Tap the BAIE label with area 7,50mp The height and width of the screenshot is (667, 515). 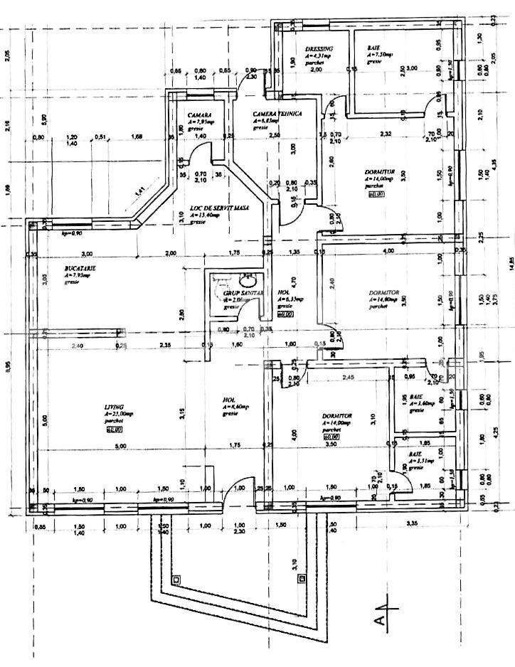(374, 48)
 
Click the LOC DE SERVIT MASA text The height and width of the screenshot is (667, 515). (213, 208)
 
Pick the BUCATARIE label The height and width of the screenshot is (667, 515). (78, 268)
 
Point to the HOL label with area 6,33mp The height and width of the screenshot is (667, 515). (284, 292)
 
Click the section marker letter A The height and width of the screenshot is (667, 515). (383, 620)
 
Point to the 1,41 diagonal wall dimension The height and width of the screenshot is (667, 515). (141, 191)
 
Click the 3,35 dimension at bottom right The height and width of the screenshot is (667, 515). (411, 524)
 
